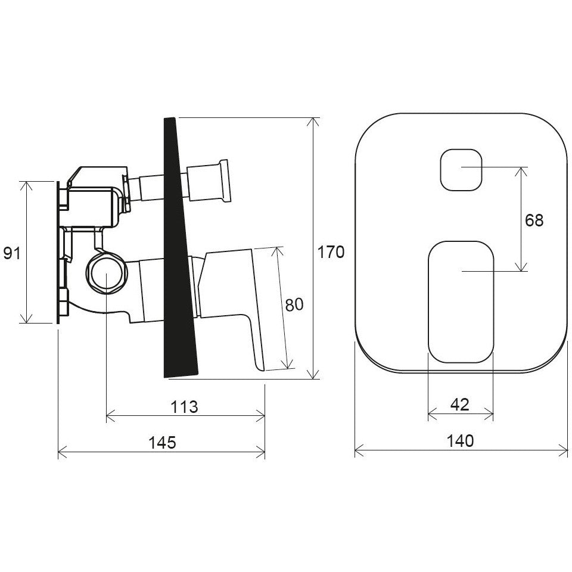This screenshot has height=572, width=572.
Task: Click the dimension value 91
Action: (12, 253)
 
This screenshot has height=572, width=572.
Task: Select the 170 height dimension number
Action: (331, 252)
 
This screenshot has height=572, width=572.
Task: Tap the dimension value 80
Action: (294, 304)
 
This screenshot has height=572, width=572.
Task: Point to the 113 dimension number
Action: (185, 407)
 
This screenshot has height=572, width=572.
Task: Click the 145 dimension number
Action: (162, 443)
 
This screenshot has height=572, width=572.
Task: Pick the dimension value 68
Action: (534, 220)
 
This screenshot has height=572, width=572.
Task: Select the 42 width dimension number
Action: (460, 405)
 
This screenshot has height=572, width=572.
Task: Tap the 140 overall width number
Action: (461, 441)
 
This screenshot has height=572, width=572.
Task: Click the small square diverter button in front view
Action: (461, 170)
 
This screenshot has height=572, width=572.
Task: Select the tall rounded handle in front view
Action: (461, 302)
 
